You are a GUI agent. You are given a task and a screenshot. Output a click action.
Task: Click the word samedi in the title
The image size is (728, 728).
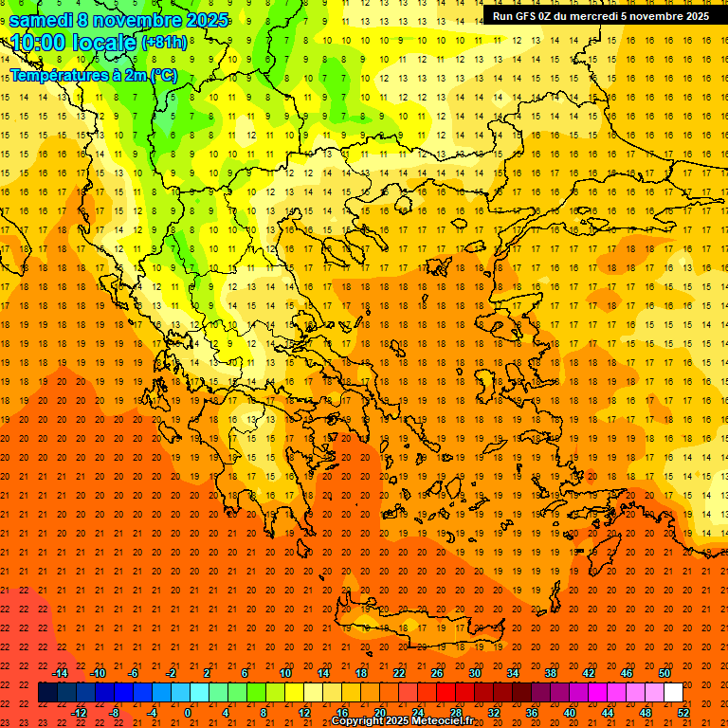[41, 20]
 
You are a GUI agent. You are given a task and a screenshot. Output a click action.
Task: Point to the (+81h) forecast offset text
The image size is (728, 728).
[164, 44]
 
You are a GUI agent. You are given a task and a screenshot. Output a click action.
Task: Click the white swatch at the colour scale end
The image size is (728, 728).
[673, 693]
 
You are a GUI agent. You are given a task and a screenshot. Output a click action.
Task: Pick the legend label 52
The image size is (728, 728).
[684, 713]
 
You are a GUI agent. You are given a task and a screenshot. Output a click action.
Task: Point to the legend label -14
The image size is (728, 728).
[60, 673]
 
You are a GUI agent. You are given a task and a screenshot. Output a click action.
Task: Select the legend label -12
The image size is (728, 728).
[79, 713]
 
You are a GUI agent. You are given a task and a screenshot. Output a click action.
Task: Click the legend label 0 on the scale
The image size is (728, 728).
[187, 713]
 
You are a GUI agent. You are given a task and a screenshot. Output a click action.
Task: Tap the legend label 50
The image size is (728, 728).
[664, 673]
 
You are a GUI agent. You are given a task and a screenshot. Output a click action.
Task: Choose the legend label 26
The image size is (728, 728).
[437, 673]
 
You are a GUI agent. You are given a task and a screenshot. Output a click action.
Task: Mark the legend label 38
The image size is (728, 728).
[551, 673]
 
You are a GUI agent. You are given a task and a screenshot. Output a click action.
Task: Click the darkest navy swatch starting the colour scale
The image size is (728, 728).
[47, 693]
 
